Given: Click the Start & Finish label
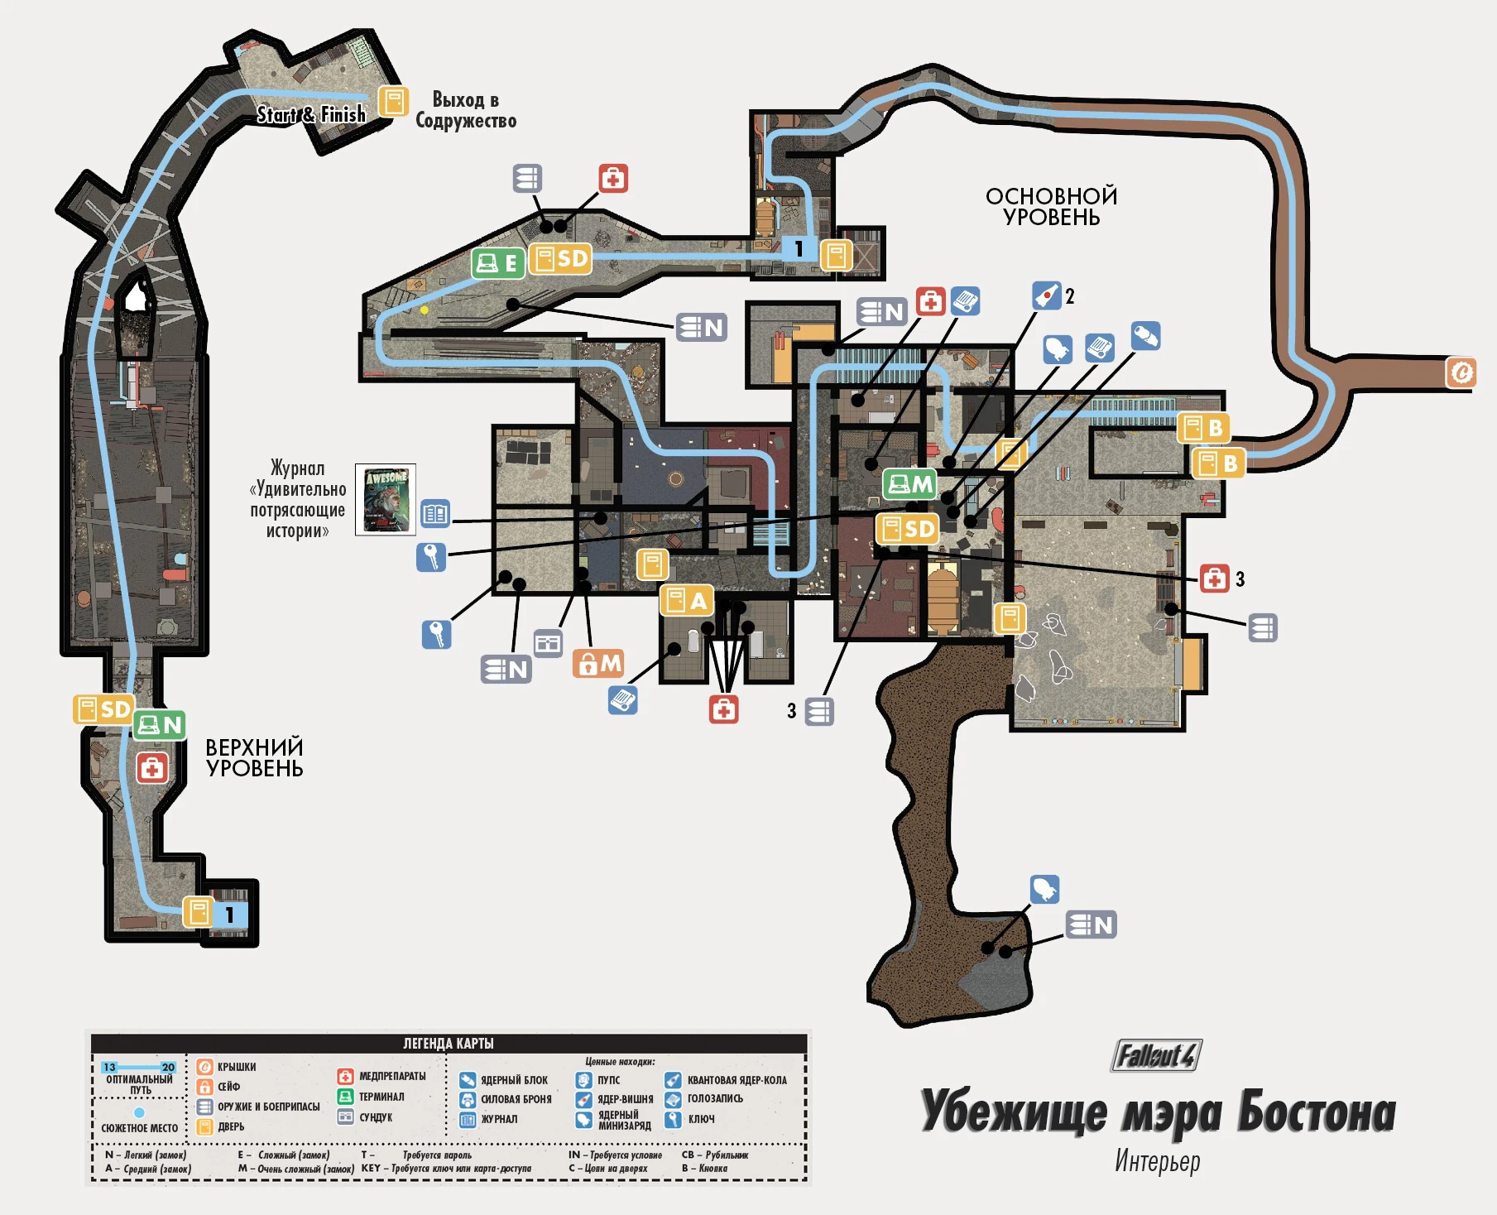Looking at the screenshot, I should (x=310, y=114).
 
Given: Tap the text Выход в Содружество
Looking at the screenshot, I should (x=466, y=110).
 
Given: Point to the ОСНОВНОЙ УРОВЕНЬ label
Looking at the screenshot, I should (x=1051, y=206).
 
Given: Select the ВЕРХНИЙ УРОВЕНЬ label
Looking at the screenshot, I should (x=254, y=757).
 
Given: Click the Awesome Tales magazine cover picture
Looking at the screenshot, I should (x=386, y=500).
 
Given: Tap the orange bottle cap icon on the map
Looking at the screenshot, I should (x=1461, y=372).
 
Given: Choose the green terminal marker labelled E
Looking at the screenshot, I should (x=498, y=263).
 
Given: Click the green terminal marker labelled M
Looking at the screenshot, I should (x=909, y=483).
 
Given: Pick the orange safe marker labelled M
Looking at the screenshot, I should (x=597, y=663).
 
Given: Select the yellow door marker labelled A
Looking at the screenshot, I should (x=686, y=600).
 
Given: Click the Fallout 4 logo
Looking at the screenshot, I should (x=1156, y=1055).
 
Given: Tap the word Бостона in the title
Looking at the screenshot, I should (x=1316, y=1112).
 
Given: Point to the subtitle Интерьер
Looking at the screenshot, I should (x=1157, y=1160).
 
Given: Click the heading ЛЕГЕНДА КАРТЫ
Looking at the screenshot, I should (x=448, y=1043).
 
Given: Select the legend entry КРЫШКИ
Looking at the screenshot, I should (x=237, y=1067).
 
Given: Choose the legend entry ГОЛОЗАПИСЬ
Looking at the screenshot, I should (x=715, y=1098).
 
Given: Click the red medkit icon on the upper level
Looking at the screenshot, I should (x=152, y=768).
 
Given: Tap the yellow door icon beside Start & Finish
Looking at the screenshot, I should (x=394, y=102).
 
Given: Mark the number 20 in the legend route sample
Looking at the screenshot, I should (x=168, y=1067).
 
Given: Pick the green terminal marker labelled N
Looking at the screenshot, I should (x=160, y=725).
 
